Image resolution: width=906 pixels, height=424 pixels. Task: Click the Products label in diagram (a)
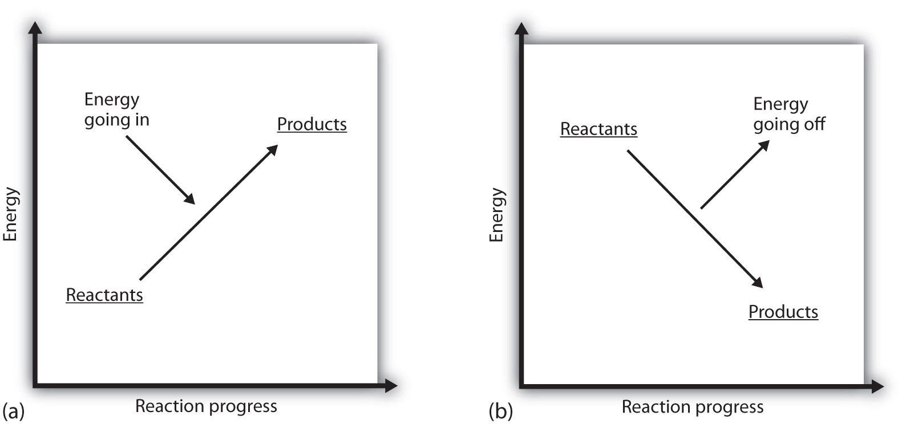[312, 124]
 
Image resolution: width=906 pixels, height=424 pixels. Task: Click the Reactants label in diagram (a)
[104, 295]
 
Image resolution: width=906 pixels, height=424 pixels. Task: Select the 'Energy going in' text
[116, 110]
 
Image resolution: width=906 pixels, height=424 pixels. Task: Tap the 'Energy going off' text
[788, 114]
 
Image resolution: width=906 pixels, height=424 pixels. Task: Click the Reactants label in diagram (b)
[598, 129]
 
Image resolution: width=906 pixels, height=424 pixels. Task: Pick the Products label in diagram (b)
[783, 312]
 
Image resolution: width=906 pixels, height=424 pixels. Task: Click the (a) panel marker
[13, 410]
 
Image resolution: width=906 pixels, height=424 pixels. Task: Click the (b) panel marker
[500, 410]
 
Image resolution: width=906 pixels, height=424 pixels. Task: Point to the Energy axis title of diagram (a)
[11, 215]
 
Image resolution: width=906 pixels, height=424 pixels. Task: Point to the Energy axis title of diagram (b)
[497, 215]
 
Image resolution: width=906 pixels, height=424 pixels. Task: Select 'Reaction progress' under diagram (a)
[206, 406]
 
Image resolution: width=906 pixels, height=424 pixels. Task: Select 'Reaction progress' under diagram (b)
[692, 407]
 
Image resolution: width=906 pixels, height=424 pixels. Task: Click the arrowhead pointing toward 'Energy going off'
[763, 145]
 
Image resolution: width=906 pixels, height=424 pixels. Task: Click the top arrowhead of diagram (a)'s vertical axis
[36, 28]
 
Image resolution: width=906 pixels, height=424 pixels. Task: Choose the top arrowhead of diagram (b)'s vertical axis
[521, 28]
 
